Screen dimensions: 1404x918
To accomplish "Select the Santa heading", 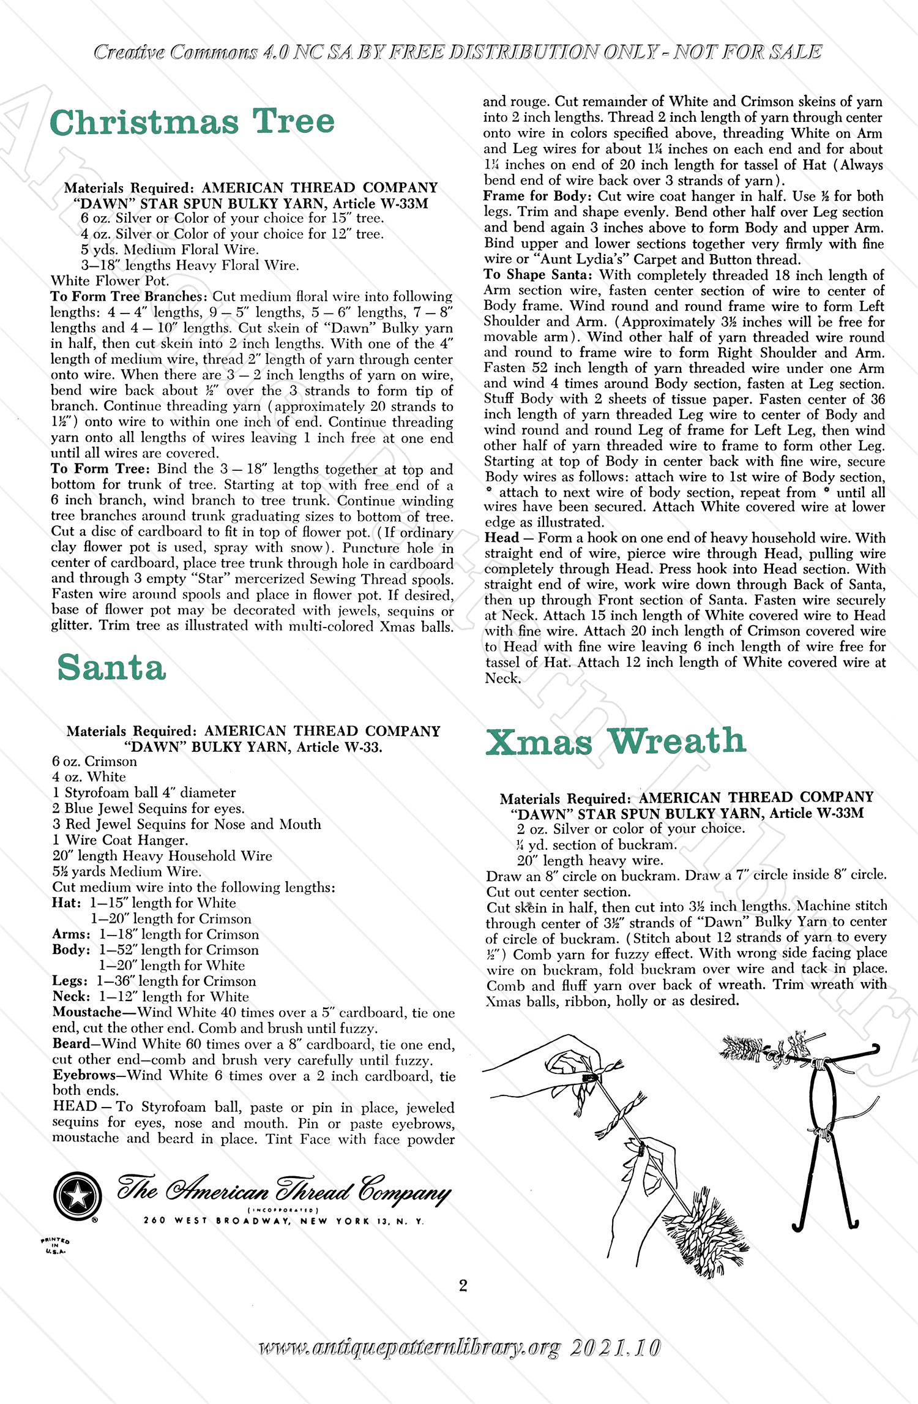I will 111,667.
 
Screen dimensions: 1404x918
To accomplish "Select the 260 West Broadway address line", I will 283,1221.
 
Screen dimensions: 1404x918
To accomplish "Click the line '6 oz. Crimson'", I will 95,761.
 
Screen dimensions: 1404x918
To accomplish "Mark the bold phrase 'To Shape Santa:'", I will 538,275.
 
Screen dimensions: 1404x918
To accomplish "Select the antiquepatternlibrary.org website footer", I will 459,1348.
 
